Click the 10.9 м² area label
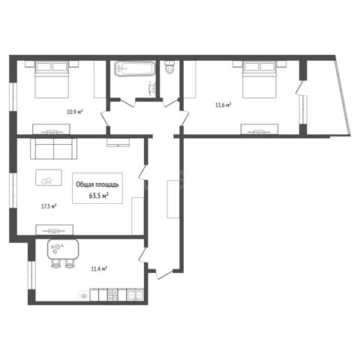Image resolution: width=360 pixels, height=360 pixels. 75,112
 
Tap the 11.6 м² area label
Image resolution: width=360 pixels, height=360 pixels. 223,105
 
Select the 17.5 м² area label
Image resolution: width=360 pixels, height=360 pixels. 49,206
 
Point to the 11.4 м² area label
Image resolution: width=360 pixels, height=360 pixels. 99,269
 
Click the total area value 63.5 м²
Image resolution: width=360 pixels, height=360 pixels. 99,196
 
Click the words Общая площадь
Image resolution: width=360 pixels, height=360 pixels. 97,184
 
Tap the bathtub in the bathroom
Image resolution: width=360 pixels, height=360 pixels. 134,69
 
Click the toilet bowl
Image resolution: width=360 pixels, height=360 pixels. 170,67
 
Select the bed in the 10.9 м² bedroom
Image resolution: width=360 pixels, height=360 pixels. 52,79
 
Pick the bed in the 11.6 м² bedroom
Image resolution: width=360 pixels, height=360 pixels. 259,79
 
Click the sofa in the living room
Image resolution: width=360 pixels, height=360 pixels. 53,148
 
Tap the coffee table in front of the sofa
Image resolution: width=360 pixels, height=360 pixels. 49,178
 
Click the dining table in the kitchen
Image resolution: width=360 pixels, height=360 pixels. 63,249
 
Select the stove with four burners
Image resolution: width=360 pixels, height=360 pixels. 112,295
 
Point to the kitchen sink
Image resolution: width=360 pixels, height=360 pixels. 135,295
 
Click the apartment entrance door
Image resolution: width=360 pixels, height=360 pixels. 163,274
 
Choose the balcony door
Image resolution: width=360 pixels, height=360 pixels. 299,88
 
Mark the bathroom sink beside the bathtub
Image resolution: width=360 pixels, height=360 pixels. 152,88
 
